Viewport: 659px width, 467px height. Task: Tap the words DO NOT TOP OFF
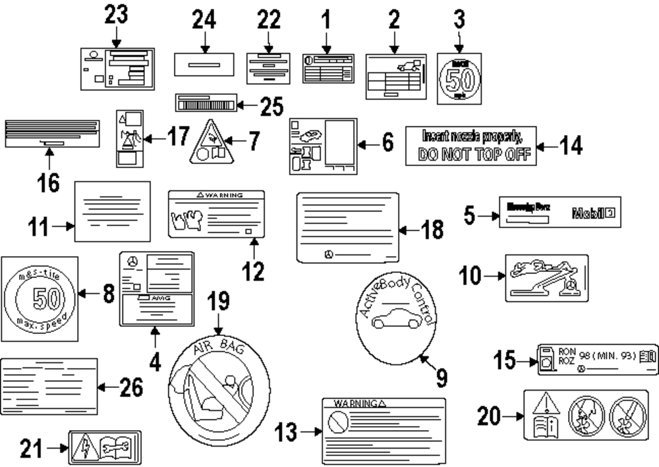pos(470,156)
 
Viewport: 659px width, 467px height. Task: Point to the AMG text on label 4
pos(161,298)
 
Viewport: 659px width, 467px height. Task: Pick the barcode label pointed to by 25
pos(206,103)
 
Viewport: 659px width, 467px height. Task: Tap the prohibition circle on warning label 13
pos(337,419)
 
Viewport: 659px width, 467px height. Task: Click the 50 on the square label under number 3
pos(459,80)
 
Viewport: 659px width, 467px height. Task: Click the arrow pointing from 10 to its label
pos(494,276)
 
